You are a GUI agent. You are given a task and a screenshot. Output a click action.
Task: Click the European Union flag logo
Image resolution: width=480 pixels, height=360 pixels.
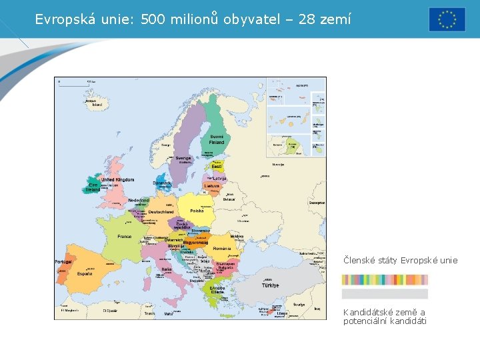pyautogui.click(x=447, y=19)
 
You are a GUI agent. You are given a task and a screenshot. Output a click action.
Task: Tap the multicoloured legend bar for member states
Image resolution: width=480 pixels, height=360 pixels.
pyautogui.click(x=385, y=280)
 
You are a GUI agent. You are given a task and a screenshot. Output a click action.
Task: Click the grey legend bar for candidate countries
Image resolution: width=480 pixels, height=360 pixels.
pyautogui.click(x=385, y=294)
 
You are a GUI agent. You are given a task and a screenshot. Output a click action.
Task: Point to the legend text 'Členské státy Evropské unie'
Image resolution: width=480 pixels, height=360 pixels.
pyautogui.click(x=400, y=260)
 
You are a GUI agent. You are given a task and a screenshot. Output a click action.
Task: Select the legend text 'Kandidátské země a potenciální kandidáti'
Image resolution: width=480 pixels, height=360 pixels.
pyautogui.click(x=384, y=317)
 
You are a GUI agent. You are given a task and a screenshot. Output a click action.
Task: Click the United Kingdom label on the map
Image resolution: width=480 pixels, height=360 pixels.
pyautogui.click(x=117, y=180)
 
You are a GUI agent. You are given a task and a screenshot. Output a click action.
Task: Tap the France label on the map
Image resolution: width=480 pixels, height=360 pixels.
pyautogui.click(x=125, y=237)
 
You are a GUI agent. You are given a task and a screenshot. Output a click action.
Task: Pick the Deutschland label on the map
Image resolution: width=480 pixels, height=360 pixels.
pyautogui.click(x=161, y=212)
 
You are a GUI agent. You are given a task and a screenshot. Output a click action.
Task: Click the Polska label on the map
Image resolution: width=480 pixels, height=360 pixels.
pyautogui.click(x=197, y=211)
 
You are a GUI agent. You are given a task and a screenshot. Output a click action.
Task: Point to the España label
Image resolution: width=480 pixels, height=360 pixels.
pyautogui.click(x=85, y=273)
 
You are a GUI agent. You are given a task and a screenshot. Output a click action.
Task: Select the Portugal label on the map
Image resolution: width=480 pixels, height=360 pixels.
pyautogui.click(x=63, y=262)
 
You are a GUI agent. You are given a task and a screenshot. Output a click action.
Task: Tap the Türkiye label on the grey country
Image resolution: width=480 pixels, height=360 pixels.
pyautogui.click(x=270, y=285)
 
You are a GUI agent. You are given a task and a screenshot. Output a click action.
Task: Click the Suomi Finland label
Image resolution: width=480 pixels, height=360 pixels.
pyautogui.click(x=217, y=139)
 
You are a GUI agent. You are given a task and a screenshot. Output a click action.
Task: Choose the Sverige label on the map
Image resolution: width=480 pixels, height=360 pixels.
pyautogui.click(x=183, y=159)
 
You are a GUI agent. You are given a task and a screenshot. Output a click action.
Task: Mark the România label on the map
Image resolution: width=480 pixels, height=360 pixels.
pyautogui.click(x=222, y=249)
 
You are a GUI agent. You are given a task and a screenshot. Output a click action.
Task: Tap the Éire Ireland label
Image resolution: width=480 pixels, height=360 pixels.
pyautogui.click(x=93, y=187)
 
